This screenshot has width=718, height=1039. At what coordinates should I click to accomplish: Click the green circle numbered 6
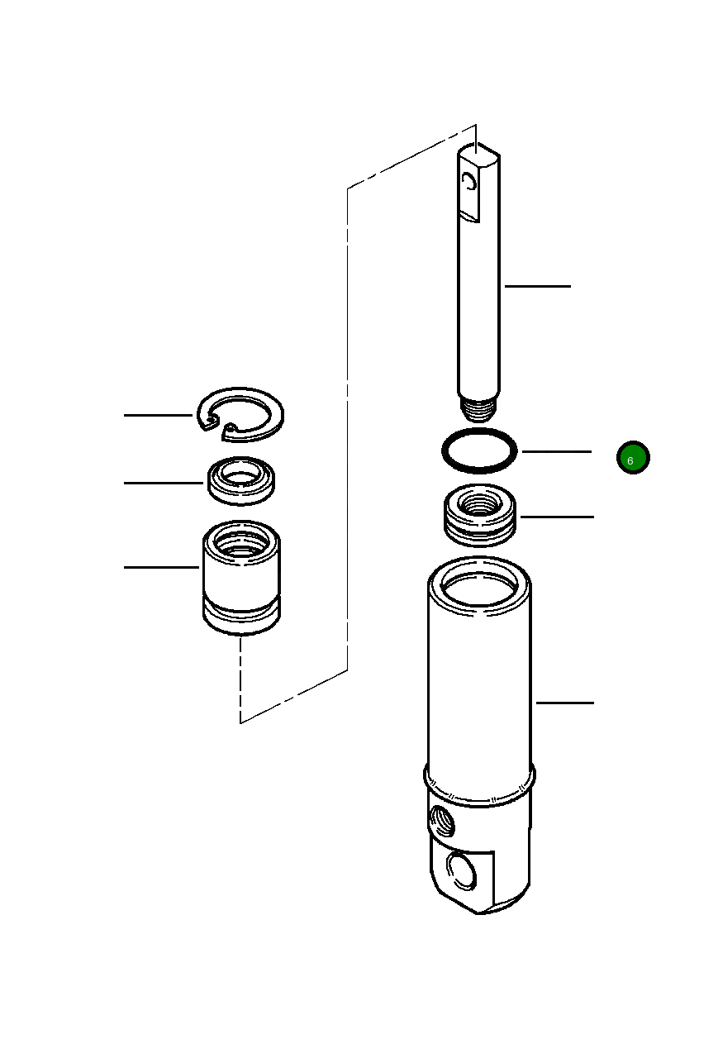(x=633, y=458)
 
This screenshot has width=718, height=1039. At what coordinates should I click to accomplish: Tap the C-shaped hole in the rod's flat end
(x=470, y=183)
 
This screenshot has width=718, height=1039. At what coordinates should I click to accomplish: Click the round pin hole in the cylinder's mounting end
(x=459, y=871)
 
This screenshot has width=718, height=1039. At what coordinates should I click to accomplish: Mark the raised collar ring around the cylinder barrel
(x=479, y=785)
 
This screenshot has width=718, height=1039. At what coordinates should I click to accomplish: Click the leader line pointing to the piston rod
(x=537, y=286)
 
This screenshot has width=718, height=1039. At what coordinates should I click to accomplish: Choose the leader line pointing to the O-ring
(x=556, y=451)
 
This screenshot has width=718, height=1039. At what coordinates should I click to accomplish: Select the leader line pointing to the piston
(x=557, y=517)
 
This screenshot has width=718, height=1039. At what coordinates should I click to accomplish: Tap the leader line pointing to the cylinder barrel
(x=564, y=703)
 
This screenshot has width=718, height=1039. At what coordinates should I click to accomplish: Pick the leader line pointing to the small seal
(x=164, y=483)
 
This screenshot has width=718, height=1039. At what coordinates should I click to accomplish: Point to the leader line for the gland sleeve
(x=162, y=567)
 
